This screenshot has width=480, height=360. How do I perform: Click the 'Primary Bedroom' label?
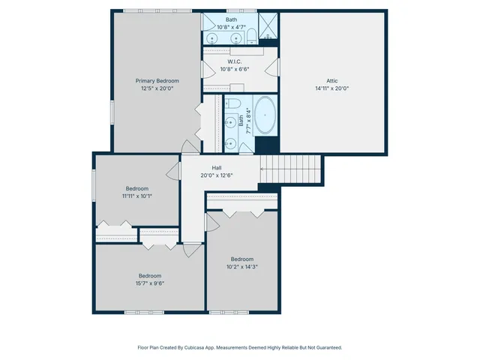coord(157,80)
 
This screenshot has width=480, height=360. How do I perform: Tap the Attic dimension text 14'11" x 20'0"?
coord(332,88)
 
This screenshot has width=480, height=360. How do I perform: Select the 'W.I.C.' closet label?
coord(233,61)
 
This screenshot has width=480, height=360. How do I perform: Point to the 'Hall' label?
coord(216,168)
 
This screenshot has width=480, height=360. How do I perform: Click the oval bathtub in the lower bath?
coord(266,118)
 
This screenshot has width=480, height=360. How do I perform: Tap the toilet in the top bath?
coord(253,33)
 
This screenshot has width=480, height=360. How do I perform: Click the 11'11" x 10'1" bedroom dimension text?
coord(136,196)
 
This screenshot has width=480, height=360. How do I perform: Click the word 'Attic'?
coord(332,80)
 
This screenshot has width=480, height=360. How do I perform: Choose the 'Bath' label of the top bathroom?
coord(231,20)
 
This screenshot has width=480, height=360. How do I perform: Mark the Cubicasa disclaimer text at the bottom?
coord(240,347)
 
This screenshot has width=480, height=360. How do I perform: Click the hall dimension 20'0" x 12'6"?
coord(216,175)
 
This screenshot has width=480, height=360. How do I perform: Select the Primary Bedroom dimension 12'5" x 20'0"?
coord(157,88)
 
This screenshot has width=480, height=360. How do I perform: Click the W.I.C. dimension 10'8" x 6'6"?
coord(233,69)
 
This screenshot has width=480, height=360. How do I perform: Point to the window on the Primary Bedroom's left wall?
coord(112,112)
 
